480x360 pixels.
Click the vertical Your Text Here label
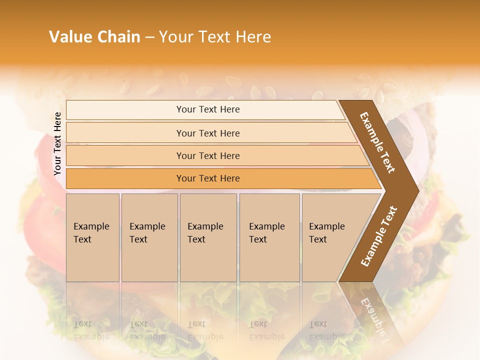[x=57, y=143]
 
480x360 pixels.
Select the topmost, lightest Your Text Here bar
[x=207, y=109]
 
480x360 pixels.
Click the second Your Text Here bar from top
[x=207, y=133]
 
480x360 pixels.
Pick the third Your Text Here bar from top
[x=207, y=155]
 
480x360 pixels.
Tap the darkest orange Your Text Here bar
[x=207, y=178]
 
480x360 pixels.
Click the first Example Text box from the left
[x=92, y=237]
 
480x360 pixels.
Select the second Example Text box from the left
[x=149, y=237]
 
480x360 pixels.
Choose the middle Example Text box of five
[x=208, y=237]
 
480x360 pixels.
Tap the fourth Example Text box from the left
[x=269, y=237]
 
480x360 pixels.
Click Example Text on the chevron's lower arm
[x=379, y=236]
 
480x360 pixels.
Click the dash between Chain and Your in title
[x=149, y=37]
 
